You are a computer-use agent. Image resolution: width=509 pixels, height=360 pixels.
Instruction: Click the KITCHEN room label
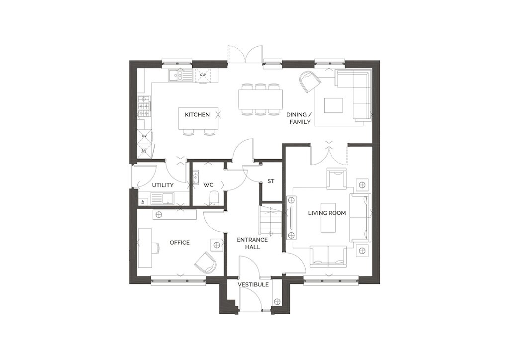coord(197,114)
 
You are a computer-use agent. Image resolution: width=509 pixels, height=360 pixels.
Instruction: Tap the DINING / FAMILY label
coord(298,118)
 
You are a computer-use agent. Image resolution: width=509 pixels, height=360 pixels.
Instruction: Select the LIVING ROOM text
coord(327,213)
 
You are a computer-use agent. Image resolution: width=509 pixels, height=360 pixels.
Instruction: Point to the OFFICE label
coord(179,243)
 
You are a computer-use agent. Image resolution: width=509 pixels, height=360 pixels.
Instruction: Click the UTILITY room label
coord(163,185)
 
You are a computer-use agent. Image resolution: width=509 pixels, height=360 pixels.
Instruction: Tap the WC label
coord(208,185)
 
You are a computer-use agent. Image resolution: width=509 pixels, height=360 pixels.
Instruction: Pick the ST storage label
coord(271,181)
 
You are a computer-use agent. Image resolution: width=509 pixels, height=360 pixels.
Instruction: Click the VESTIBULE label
coord(253,285)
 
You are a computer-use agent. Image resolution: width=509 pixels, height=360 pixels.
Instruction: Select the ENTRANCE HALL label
coord(252,243)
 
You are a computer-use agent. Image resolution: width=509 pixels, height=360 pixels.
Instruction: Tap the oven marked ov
coord(144,136)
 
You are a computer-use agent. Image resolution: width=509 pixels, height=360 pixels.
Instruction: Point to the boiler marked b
coord(143,202)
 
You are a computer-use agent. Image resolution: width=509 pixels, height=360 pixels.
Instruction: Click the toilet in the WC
coord(214,198)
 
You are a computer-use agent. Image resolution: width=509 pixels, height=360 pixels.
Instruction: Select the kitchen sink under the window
coord(180,75)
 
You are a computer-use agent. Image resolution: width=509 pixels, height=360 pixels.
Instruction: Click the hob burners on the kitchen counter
coord(144,106)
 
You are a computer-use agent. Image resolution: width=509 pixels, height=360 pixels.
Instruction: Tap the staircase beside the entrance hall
coord(269,220)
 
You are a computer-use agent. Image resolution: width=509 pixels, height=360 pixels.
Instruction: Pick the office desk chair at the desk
coord(156,248)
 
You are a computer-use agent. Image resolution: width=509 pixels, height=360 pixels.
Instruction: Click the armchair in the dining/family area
coord(309,81)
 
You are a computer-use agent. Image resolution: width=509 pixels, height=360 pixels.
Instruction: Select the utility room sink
coord(163,198)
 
